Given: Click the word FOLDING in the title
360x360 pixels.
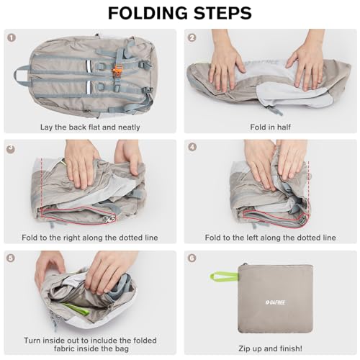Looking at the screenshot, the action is pos(148,13).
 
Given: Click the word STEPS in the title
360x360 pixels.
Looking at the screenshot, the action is pos(222,13).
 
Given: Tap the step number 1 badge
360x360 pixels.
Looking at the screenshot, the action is pos(12,37).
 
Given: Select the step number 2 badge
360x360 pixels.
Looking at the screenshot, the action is pos(192,37).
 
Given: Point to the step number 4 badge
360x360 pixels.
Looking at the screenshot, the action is pos(192,147).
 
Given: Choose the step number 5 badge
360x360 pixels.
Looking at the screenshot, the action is pos(11,258).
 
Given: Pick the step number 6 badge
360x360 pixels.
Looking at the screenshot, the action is pos(192,258).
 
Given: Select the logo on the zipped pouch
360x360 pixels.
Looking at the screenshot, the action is pos(276,302).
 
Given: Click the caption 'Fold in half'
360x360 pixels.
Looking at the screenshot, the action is pos(271,127).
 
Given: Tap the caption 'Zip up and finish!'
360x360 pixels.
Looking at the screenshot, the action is pos(271,348).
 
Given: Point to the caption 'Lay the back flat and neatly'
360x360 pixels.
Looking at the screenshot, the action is pos(90,127).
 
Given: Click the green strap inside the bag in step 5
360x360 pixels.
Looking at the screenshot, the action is pos(76,309).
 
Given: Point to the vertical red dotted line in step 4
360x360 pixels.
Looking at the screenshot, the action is pos(308,187).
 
